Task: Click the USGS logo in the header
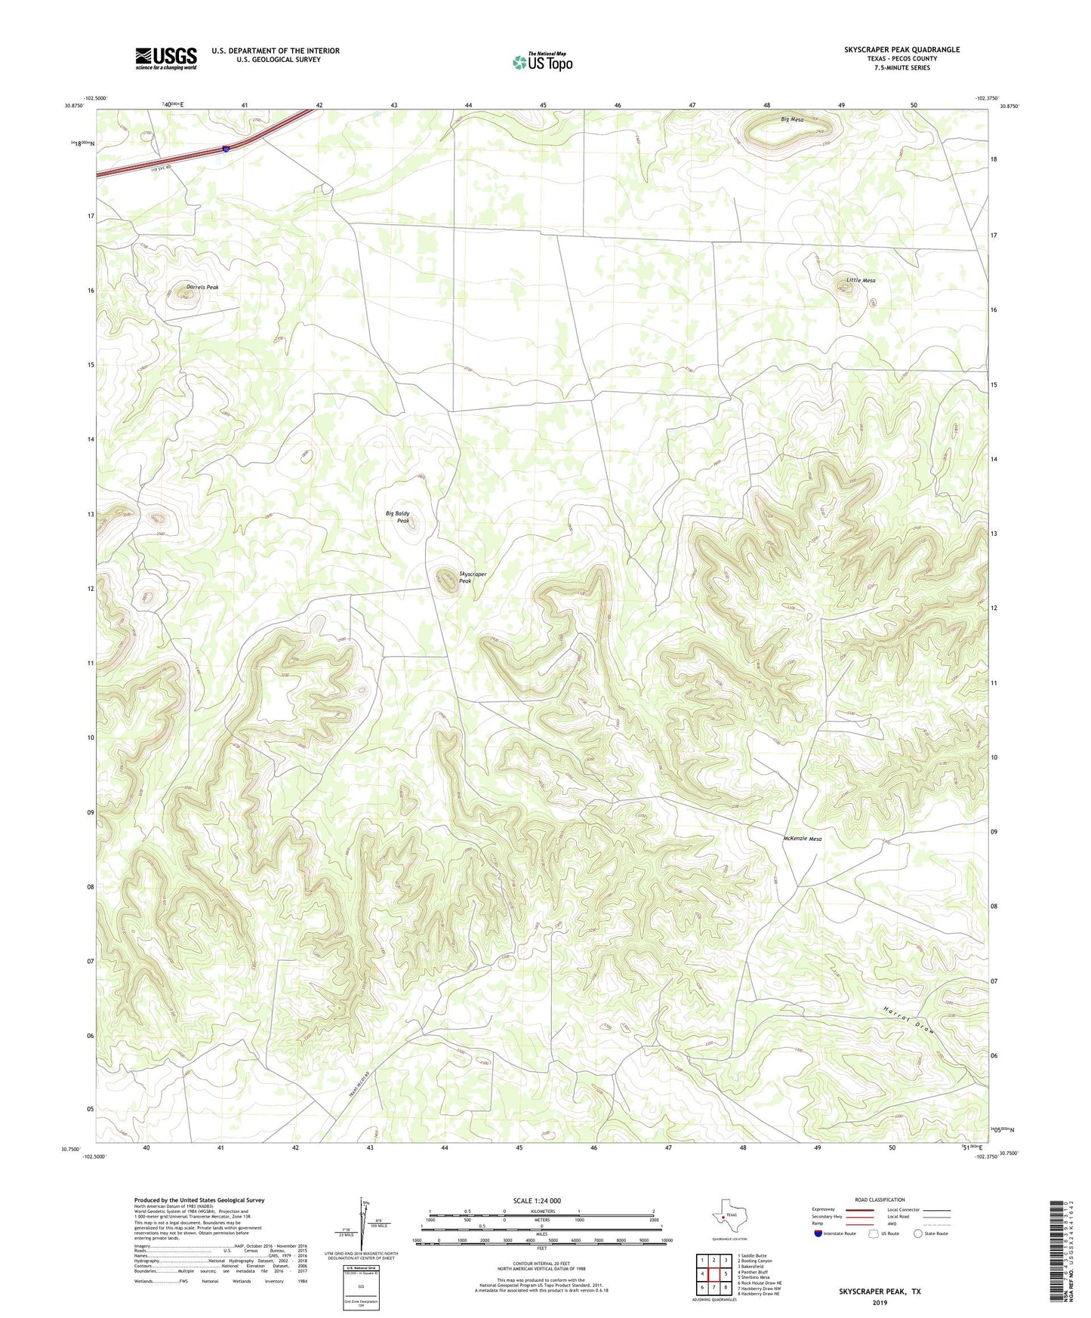166,58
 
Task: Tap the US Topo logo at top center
542,61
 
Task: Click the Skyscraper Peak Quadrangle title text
901,50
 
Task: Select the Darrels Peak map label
202,288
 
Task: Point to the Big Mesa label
792,120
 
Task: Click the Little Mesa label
861,280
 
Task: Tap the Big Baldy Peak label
398,517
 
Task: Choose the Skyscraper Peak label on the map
473,577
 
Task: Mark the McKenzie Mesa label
802,839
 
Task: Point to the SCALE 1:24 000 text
537,1201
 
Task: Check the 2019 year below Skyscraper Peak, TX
880,1302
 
